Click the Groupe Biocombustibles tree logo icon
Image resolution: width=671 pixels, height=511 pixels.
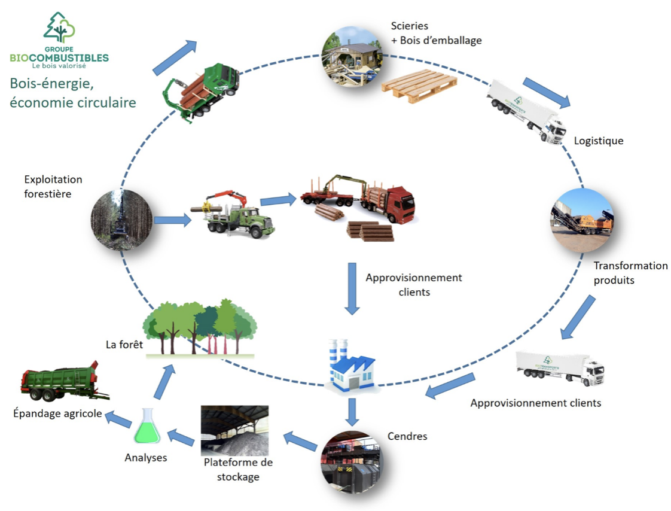[59, 28]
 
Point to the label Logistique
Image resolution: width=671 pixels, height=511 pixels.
[598, 141]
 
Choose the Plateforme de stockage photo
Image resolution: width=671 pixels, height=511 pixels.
[234, 431]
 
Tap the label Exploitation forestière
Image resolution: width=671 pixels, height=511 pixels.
[53, 186]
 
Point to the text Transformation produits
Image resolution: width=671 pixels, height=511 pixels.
[630, 272]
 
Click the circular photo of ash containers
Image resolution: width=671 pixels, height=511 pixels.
[350, 460]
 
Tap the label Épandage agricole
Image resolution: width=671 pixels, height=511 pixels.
[57, 413]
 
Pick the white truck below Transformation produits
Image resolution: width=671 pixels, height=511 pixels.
[560, 366]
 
